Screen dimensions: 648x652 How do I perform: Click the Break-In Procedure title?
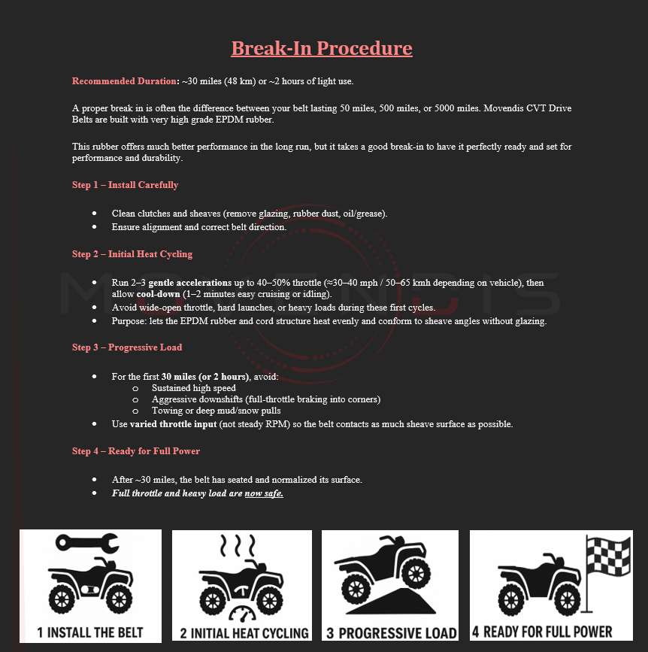coord(322,48)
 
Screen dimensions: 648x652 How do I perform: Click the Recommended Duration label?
coord(124,81)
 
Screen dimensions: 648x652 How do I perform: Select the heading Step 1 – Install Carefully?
coord(125,185)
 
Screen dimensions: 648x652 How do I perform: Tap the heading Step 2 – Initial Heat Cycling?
coord(132,254)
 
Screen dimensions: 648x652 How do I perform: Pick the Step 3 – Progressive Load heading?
coord(127,347)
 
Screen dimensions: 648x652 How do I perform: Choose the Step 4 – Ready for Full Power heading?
coord(136,451)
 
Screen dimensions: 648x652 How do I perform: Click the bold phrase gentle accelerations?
coord(190,283)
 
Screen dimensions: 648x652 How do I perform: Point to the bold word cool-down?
coord(159,294)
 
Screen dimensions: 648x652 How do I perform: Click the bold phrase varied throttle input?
coord(174,424)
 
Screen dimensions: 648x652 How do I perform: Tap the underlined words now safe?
coord(264,493)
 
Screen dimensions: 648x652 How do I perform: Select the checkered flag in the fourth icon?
coord(608,556)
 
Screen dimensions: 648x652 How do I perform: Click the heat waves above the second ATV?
coord(238,545)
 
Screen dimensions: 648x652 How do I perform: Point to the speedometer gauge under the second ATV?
coord(242,614)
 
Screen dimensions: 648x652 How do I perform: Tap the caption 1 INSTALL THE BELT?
coord(90,632)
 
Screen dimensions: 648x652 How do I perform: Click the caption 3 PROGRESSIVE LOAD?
coord(391,633)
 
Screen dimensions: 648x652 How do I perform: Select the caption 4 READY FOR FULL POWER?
coord(542,632)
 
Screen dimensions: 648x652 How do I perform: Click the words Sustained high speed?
coord(194,388)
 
